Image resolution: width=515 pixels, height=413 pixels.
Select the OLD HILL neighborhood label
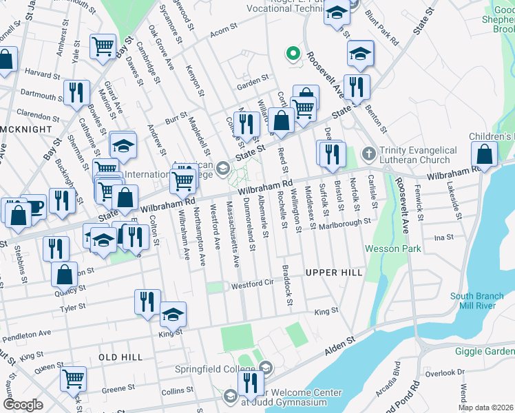click(120, 357)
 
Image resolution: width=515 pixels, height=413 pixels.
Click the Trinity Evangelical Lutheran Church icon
click(369, 152)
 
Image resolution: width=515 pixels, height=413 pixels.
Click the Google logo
click(23, 404)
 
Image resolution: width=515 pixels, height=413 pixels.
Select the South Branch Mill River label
click(481, 301)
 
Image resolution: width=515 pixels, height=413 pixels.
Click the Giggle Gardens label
click(485, 351)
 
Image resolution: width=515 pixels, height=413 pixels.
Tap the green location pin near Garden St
click(293, 53)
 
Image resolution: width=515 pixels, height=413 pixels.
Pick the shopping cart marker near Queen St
click(73, 377)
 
